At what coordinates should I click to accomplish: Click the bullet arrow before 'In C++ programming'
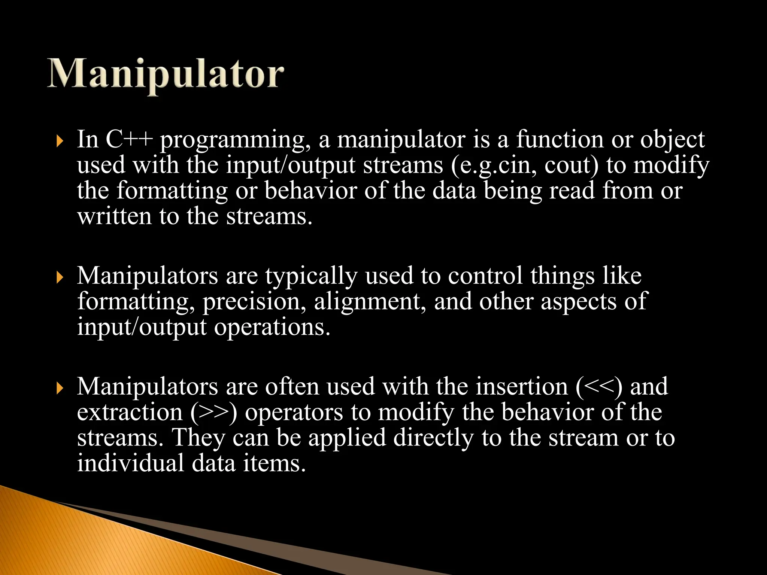pyautogui.click(x=59, y=142)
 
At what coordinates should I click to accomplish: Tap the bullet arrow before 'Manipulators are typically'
pyautogui.click(x=59, y=278)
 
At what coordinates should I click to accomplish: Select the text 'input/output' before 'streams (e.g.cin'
pyautogui.click(x=290, y=165)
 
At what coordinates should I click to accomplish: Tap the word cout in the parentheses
pyautogui.click(x=569, y=165)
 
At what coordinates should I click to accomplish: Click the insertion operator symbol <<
pyautogui.click(x=599, y=387)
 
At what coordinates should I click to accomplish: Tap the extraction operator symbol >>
pyautogui.click(x=213, y=413)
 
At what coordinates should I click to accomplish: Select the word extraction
pyautogui.click(x=130, y=412)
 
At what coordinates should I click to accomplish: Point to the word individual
pyautogui.click(x=130, y=463)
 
